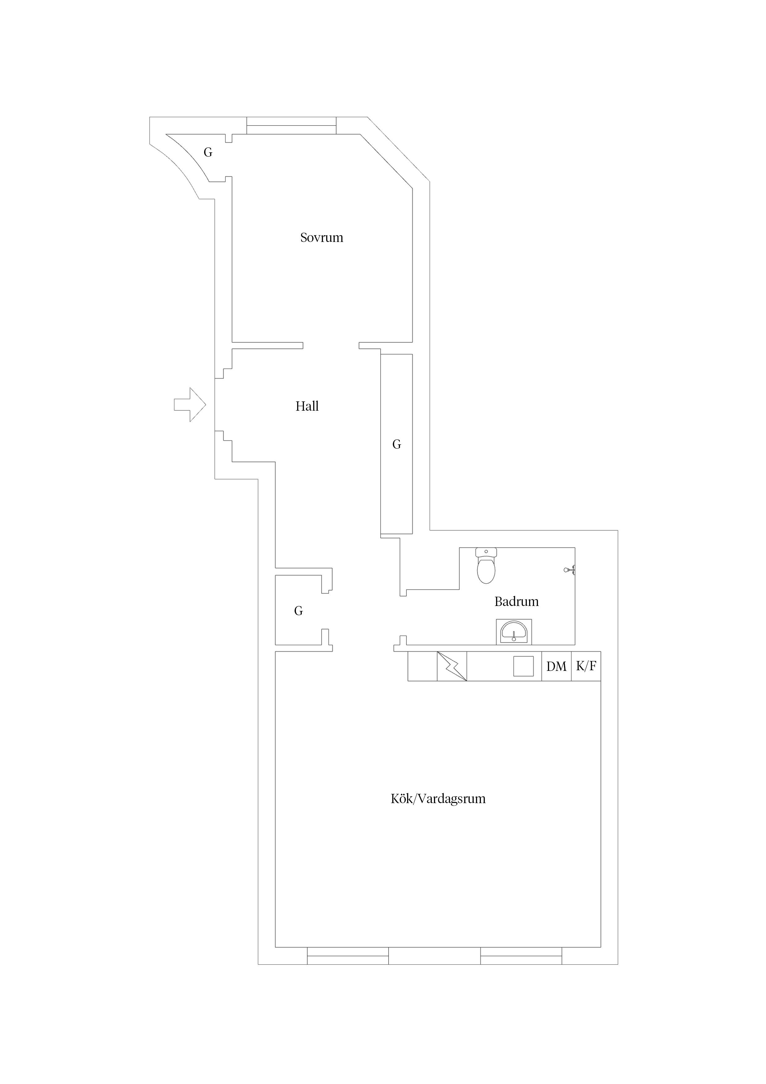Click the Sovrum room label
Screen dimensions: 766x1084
[322, 238]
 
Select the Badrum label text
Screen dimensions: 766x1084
[516, 602]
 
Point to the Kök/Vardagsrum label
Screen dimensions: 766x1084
[438, 799]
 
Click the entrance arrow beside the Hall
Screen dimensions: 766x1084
[190, 404]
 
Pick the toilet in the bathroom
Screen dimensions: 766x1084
[486, 565]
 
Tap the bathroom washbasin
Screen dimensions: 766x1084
[514, 632]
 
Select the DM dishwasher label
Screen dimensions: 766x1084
[557, 667]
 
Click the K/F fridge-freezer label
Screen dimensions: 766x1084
[586, 666]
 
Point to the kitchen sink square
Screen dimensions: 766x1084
[524, 666]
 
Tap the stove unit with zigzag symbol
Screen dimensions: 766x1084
[452, 666]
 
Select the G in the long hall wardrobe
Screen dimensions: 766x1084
[397, 444]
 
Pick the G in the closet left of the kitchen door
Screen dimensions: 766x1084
[298, 611]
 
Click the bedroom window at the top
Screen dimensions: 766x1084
[291, 125]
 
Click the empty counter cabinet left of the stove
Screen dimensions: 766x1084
[423, 666]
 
